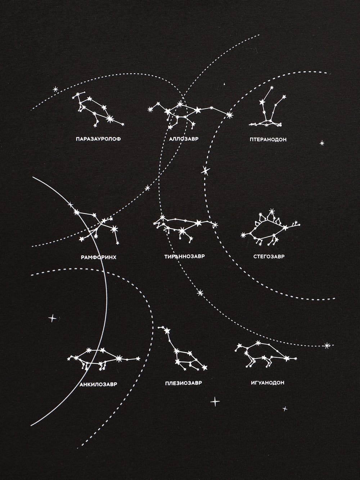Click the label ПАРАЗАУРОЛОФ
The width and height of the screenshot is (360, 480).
coord(98,139)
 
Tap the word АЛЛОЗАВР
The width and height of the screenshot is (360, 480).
coord(184,139)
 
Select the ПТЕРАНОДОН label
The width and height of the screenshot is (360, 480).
coord(268,139)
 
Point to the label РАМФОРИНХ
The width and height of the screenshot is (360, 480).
coord(98,257)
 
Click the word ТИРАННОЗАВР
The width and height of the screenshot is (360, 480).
coord(185,256)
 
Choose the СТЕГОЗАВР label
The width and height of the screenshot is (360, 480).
coord(269,256)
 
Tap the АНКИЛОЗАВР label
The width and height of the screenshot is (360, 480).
coord(98,384)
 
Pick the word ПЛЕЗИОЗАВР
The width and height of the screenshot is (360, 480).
coord(184,383)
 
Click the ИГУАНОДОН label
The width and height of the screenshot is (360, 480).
coord(268,383)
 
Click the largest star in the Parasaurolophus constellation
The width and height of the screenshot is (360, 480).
coord(110,118)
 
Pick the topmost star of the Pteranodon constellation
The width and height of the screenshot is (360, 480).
coord(272,88)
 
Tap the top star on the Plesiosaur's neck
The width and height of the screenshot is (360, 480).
coord(167,331)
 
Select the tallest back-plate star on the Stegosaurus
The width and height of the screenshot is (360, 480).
coord(271,211)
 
